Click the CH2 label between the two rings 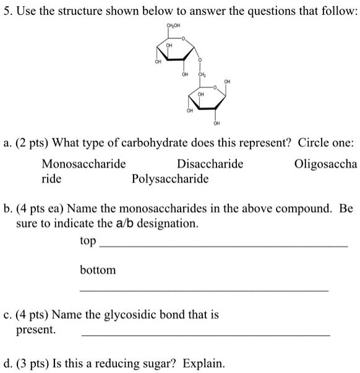(x=200, y=74)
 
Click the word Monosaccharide (x=84, y=164)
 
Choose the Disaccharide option (x=210, y=164)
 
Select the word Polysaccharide (x=170, y=179)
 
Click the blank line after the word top (x=223, y=246)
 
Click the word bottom (x=98, y=270)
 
